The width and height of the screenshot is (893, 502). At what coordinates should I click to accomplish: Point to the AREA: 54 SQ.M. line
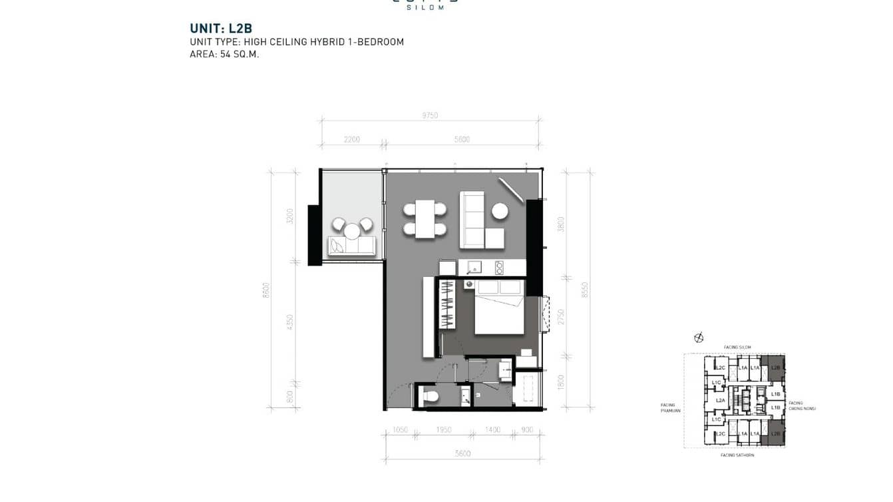click(224, 55)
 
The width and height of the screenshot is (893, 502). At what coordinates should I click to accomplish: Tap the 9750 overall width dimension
click(430, 115)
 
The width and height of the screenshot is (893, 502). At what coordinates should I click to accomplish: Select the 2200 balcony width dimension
click(352, 139)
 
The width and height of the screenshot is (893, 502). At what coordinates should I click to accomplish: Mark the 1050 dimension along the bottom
click(399, 430)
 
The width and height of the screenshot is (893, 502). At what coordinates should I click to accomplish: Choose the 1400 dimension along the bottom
click(492, 430)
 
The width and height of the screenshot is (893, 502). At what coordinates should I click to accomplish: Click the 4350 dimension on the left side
click(289, 322)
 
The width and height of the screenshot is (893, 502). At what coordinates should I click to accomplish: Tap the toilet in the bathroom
click(431, 397)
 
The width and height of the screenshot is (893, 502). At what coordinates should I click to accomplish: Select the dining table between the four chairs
click(425, 219)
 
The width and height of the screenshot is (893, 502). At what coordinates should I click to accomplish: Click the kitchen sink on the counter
click(475, 267)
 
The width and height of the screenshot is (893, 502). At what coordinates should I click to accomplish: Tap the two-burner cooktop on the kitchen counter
click(500, 267)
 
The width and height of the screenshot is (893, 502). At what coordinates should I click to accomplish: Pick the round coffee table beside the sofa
click(500, 211)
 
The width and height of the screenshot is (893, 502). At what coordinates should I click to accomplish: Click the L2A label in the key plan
click(720, 401)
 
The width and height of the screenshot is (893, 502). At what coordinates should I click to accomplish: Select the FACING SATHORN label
click(737, 455)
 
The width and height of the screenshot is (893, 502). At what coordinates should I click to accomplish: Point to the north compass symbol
click(699, 338)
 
